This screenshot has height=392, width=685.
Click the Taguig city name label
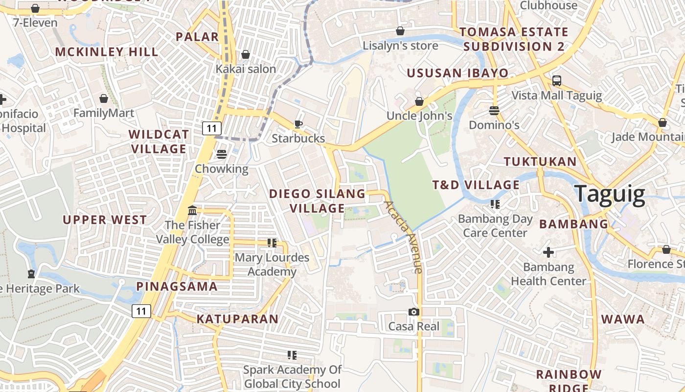(610, 194)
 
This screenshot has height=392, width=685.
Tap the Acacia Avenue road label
(403, 237)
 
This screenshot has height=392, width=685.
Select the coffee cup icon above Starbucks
(298, 124)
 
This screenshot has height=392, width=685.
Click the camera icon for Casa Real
(413, 312)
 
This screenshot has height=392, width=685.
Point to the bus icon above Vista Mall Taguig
(556, 80)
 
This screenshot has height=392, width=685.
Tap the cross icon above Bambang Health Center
(548, 252)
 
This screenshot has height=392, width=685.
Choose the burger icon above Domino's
(494, 110)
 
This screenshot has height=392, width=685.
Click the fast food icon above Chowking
(221, 154)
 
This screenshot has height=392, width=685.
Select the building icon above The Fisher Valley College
(192, 211)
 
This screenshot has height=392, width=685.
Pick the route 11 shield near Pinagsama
(141, 311)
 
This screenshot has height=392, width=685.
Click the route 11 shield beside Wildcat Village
(211, 128)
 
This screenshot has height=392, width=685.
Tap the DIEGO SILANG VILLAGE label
(317, 201)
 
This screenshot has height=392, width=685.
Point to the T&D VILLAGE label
(469, 185)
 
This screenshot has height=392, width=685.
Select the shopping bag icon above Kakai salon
(246, 54)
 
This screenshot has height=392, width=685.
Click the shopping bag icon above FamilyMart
(103, 98)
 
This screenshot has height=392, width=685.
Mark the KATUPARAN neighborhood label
(237, 319)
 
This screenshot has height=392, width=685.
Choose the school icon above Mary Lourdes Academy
(272, 243)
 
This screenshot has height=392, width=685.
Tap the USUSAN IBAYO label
(457, 73)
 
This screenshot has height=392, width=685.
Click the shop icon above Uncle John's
(419, 101)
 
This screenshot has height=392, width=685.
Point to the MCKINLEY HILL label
(107, 52)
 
